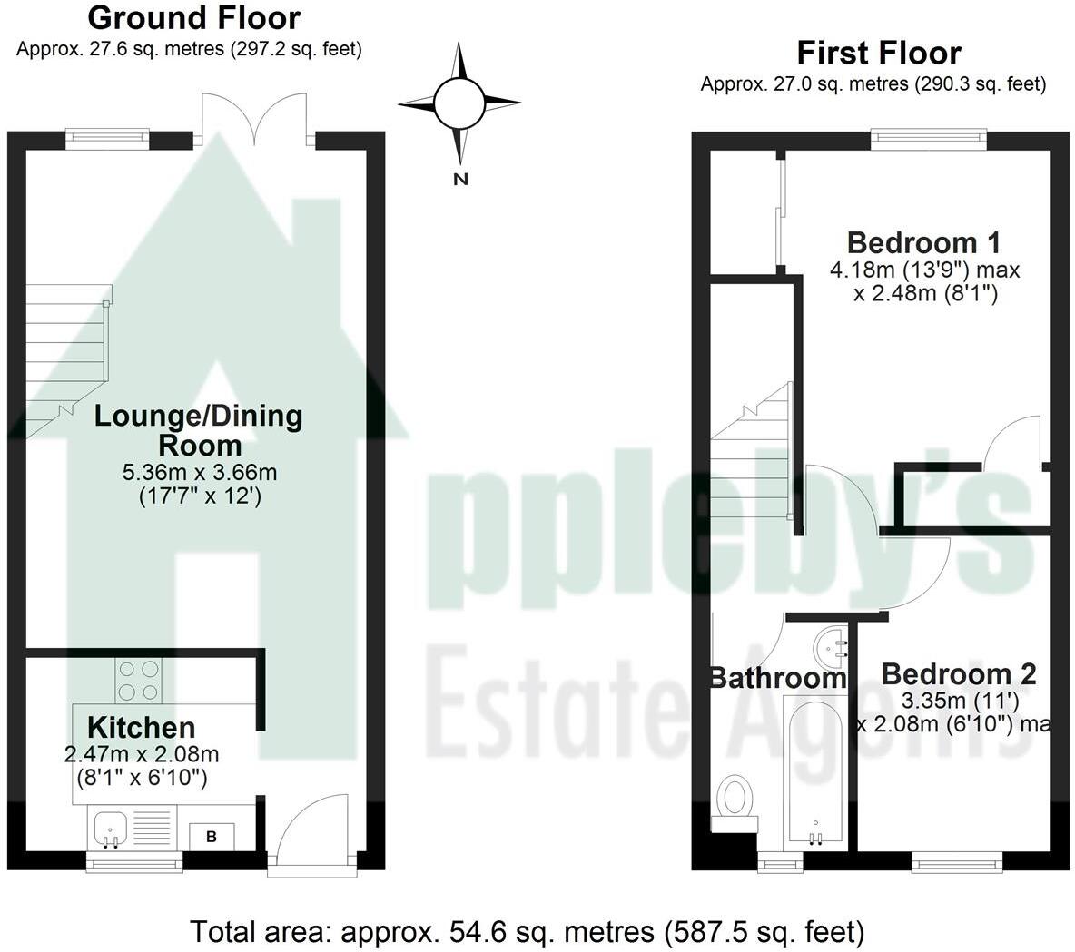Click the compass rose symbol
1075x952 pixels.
(x=459, y=103)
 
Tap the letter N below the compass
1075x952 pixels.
(x=460, y=179)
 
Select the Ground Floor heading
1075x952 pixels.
(x=193, y=17)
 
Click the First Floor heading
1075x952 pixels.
(x=878, y=53)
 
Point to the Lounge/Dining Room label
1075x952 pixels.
(x=199, y=430)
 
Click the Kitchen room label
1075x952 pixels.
(x=141, y=727)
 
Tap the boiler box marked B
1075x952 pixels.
(x=212, y=836)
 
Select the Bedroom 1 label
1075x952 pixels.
(x=923, y=242)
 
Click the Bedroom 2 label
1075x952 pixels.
(x=958, y=674)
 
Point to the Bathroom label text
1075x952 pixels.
(x=776, y=678)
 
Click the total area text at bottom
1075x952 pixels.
(x=527, y=931)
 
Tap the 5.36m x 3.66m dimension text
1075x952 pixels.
(x=199, y=473)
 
